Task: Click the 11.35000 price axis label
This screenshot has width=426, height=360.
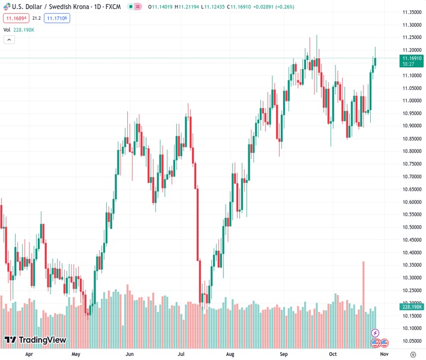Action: pyautogui.click(x=411, y=12)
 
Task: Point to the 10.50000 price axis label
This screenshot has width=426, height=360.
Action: pyautogui.click(x=411, y=227)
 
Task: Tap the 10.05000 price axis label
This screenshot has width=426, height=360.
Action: pyautogui.click(x=411, y=341)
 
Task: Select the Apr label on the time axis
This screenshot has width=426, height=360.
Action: pyautogui.click(x=29, y=354)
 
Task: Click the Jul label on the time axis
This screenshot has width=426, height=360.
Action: pyautogui.click(x=181, y=354)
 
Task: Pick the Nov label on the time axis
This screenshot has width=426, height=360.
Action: pyautogui.click(x=390, y=354)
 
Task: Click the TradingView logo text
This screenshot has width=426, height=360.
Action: pyautogui.click(x=42, y=340)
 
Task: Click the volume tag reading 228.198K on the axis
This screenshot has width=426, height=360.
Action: pyautogui.click(x=412, y=307)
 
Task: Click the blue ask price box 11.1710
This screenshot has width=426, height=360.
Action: pyautogui.click(x=57, y=19)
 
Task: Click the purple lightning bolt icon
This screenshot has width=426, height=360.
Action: pyautogui.click(x=376, y=333)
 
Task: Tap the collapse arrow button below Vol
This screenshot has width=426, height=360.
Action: pyautogui.click(x=9, y=40)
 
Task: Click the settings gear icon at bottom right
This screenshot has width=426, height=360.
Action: pyautogui.click(x=412, y=355)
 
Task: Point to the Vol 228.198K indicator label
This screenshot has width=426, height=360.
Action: pyautogui.click(x=19, y=29)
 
